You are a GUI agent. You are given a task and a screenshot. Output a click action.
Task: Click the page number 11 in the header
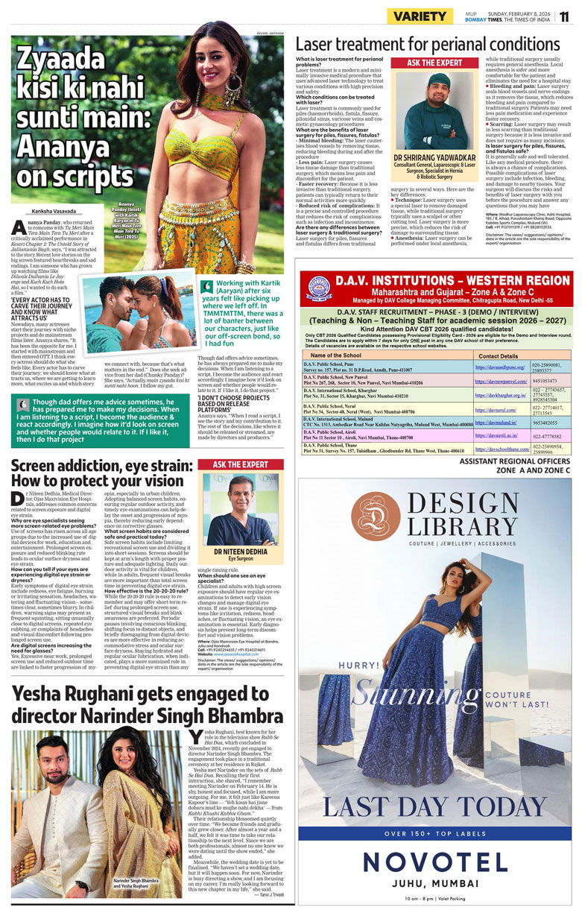566,16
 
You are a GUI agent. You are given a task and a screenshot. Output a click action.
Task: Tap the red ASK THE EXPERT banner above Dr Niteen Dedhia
241,464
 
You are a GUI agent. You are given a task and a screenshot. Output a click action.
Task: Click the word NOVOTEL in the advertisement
435,863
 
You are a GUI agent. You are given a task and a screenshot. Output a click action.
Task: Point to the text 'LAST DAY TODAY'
435,807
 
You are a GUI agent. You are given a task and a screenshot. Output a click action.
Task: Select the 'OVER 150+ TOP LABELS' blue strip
435,833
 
